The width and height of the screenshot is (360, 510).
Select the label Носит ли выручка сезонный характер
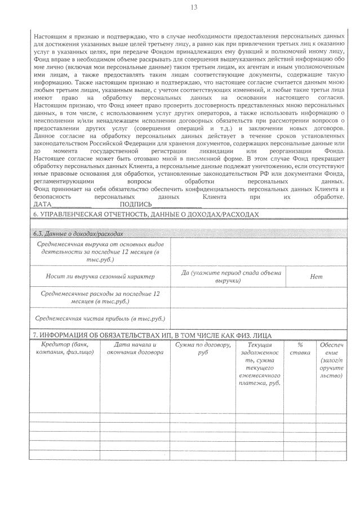[100, 277]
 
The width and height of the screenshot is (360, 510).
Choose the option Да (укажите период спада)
[231, 276]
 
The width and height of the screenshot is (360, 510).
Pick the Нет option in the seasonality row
[316, 277]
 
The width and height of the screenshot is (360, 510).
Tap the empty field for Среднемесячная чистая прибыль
[259, 318]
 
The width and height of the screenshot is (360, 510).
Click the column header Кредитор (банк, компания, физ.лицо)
[64, 348]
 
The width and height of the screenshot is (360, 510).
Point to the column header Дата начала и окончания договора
[135, 348]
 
